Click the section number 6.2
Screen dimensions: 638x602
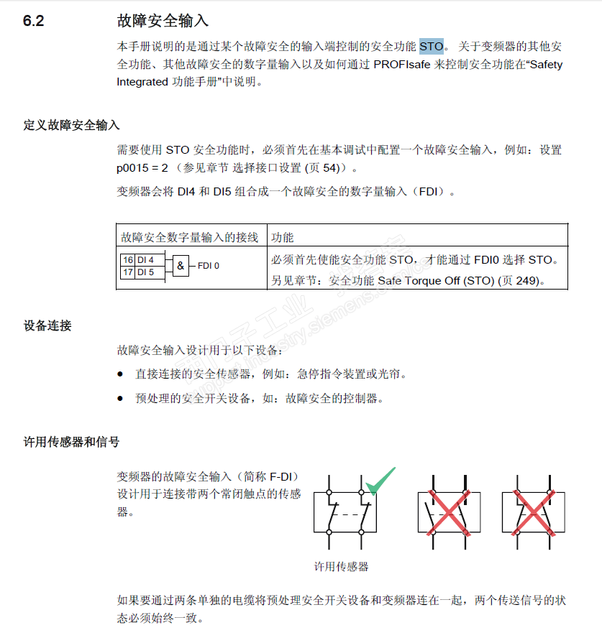pyautogui.click(x=33, y=21)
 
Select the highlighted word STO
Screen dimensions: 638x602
pyautogui.click(x=432, y=47)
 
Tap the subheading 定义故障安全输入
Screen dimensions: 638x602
pyautogui.click(x=71, y=125)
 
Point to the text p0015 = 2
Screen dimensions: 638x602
pyautogui.click(x=142, y=168)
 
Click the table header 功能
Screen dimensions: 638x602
pyautogui.click(x=282, y=237)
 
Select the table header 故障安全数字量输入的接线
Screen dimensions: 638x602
pyautogui.click(x=190, y=237)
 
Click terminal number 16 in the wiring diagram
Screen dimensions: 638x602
pyautogui.click(x=127, y=260)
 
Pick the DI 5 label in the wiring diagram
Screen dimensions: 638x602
pyautogui.click(x=145, y=272)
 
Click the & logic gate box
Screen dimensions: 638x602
pyautogui.click(x=180, y=266)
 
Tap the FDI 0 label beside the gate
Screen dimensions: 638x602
pyautogui.click(x=209, y=266)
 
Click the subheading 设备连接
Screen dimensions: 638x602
pyautogui.click(x=47, y=325)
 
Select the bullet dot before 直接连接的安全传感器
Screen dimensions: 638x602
pyautogui.click(x=121, y=375)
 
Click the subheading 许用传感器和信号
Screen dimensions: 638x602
pyautogui.click(x=71, y=442)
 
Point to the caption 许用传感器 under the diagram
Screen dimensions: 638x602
pyautogui.click(x=342, y=566)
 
